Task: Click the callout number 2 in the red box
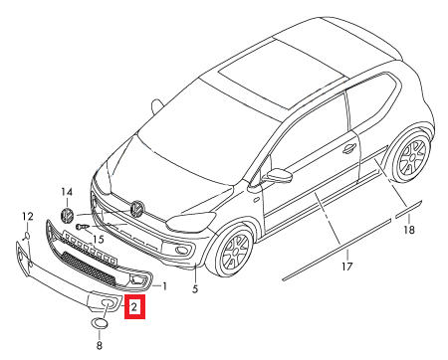134,307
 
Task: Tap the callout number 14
67,192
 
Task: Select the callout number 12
28,217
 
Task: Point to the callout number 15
99,239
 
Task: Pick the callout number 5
195,288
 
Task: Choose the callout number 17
347,267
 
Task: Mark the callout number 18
409,229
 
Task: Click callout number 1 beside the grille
164,286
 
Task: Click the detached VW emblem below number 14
67,215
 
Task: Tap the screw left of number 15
82,227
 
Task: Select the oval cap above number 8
100,323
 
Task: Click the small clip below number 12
27,236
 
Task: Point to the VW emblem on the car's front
136,208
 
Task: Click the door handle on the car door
349,148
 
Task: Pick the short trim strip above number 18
408,209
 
